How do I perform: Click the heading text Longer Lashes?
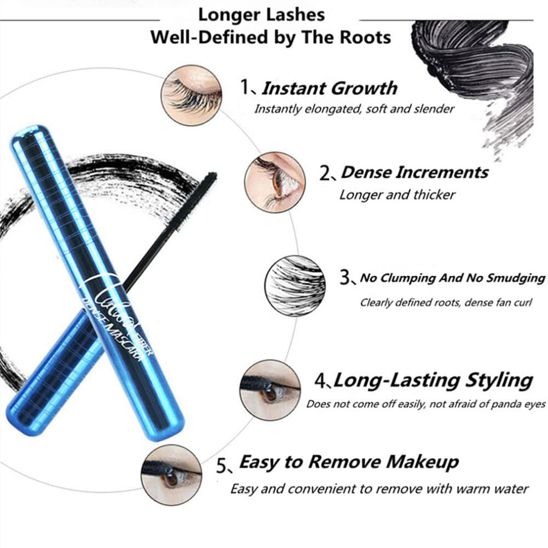point(261,15)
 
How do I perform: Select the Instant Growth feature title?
point(329,87)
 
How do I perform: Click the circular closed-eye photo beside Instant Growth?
point(191,95)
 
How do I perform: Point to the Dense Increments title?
point(415,172)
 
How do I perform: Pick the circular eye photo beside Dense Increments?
point(275,182)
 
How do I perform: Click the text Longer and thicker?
point(397,195)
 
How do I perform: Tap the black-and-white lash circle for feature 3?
point(294,286)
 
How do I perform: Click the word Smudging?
point(516,278)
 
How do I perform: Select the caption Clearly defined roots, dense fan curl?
point(446,302)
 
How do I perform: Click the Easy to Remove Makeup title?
point(349,462)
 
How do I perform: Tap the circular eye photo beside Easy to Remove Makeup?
point(171,475)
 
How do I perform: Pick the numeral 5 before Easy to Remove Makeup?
point(221,466)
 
